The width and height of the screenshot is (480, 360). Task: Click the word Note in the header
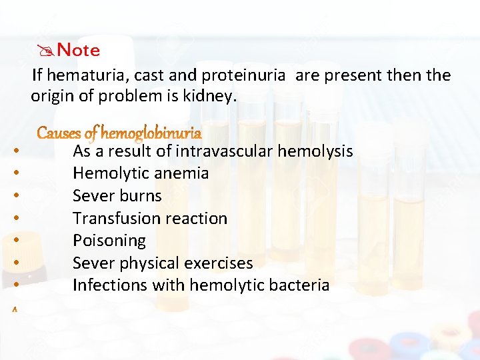click(x=79, y=51)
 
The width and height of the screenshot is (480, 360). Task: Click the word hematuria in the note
click(x=79, y=75)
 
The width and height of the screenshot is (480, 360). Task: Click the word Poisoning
click(x=109, y=241)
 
